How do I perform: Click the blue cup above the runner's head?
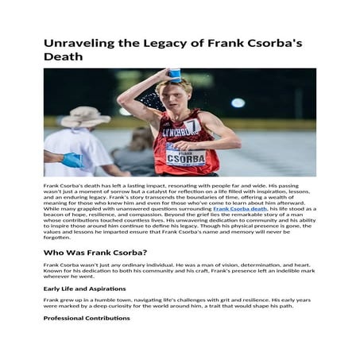[175, 75]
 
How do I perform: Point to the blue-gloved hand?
[72, 160]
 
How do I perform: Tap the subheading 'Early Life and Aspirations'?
[84, 288]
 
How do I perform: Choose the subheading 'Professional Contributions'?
[86, 318]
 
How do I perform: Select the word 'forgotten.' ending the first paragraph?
[57, 237]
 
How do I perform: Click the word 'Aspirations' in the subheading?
[106, 288]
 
